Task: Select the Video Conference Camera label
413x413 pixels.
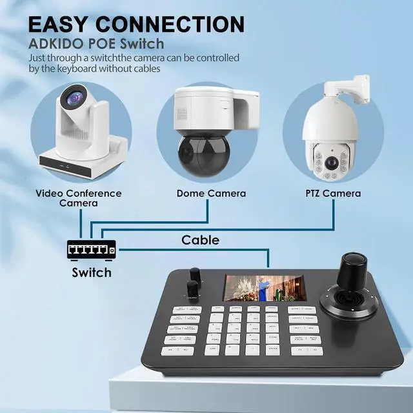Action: pos(78,198)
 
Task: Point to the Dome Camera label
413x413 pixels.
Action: pos(211,194)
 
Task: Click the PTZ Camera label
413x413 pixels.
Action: pos(332,194)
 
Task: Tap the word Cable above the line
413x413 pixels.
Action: pos(200,240)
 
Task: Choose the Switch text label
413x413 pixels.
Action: pos(91,272)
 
